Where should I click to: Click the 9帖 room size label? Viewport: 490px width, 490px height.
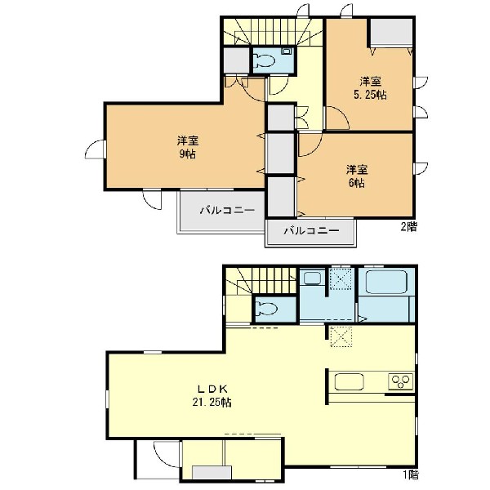[188, 154]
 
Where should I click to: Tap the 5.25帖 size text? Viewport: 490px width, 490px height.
[370, 95]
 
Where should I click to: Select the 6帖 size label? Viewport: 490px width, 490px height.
[357, 183]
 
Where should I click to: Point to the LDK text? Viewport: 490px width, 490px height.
[212, 389]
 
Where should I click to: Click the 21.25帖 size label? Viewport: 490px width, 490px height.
[212, 402]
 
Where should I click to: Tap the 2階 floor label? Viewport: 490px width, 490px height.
[409, 226]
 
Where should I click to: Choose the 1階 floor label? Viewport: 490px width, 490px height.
[410, 475]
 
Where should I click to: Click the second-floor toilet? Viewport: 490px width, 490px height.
[264, 60]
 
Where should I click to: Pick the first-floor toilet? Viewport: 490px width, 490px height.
[266, 309]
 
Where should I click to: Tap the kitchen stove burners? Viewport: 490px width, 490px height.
[401, 381]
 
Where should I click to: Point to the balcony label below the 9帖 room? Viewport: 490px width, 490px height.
[227, 211]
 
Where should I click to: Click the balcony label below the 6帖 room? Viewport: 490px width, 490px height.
[312, 231]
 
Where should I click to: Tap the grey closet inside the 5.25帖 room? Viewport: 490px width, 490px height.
[391, 32]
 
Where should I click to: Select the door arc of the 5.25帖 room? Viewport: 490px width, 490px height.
[336, 117]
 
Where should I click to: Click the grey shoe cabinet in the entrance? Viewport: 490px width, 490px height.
[212, 472]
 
